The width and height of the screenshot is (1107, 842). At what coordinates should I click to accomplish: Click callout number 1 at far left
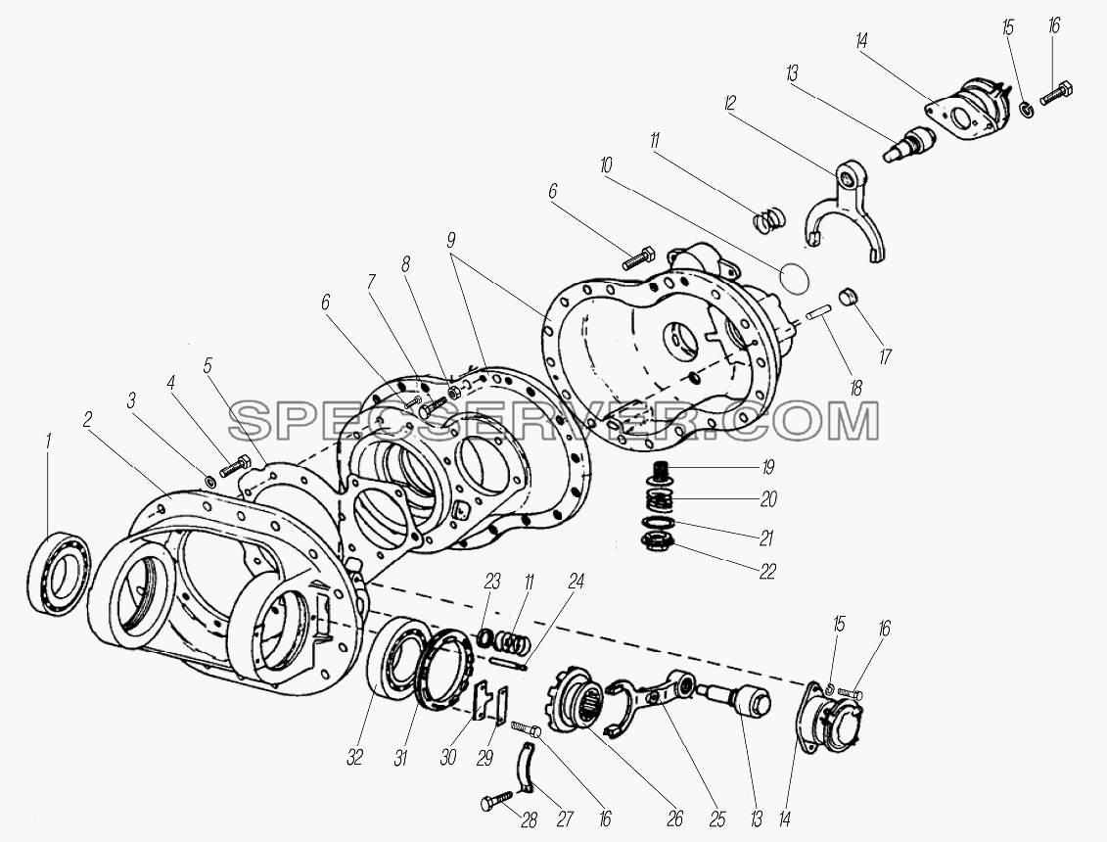(48, 443)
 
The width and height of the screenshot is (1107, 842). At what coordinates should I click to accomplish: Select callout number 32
(354, 758)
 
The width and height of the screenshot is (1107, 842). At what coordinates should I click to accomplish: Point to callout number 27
(564, 819)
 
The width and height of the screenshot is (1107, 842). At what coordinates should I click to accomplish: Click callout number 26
(675, 819)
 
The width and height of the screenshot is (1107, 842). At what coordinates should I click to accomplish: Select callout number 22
(766, 571)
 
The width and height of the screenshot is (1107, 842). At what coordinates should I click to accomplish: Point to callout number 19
(766, 467)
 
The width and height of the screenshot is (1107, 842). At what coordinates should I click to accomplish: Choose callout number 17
(884, 356)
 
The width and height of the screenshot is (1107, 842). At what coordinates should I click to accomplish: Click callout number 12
(729, 104)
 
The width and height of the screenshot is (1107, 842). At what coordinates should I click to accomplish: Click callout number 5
(207, 365)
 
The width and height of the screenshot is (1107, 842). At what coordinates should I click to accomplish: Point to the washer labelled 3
(210, 482)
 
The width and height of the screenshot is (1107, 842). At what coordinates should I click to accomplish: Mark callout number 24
(577, 581)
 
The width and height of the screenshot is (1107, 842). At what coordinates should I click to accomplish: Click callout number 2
(86, 420)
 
